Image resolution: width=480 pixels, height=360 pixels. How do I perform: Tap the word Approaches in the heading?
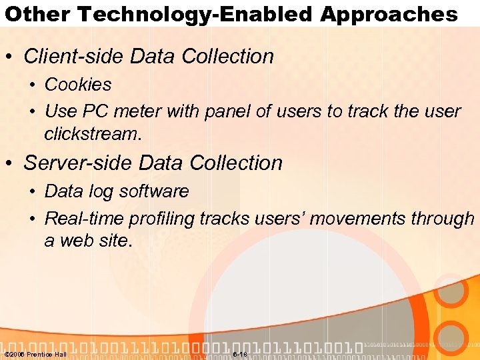tap(389, 14)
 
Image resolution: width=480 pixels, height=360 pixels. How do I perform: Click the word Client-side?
tap(74, 57)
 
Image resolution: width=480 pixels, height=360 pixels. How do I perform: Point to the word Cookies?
tap(78, 85)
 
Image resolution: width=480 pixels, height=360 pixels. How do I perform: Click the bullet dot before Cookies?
tap(32, 85)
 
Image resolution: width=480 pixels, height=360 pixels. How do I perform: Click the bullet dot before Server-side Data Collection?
tap(11, 163)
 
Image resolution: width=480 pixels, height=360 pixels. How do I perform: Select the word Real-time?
tap(84, 218)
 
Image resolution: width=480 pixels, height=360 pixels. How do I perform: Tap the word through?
tap(447, 218)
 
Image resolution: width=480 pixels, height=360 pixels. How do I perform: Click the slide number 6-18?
tap(240, 354)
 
